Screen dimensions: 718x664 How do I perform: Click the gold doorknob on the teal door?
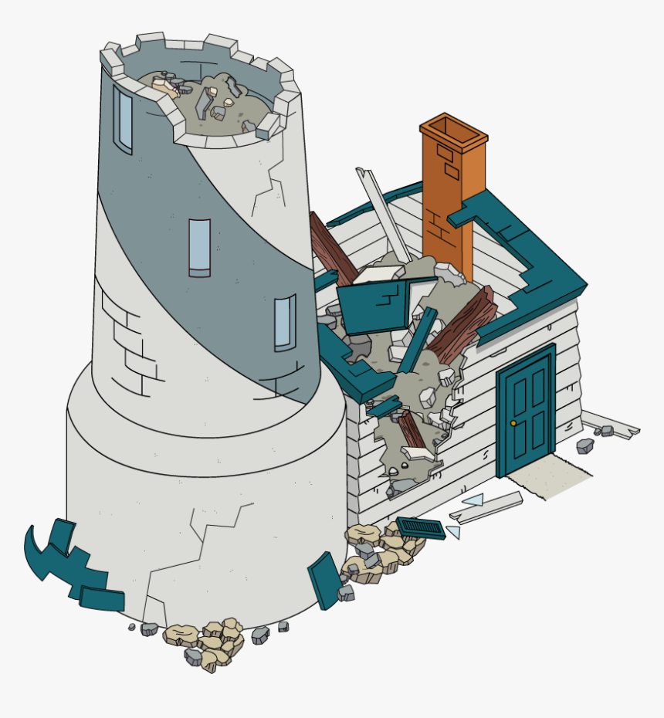tap(513, 423)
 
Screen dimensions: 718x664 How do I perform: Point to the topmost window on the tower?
tap(123, 120)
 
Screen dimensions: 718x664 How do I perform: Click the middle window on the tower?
tap(199, 247)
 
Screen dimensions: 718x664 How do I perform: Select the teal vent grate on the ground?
tap(421, 528)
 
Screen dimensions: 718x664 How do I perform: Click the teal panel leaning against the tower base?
tap(325, 579)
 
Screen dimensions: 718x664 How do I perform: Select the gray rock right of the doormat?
tap(585, 445)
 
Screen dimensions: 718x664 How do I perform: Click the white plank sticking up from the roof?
tap(383, 216)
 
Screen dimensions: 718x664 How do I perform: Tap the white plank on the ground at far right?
tap(610, 423)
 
